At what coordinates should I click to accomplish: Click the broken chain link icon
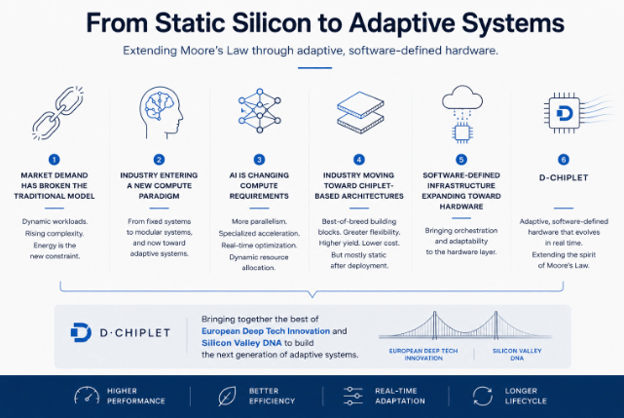pyautogui.click(x=58, y=113)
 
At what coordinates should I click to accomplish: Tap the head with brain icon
pyautogui.click(x=162, y=113)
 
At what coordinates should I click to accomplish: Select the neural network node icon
pyautogui.click(x=260, y=110)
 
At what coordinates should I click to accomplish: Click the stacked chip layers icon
pyautogui.click(x=360, y=112)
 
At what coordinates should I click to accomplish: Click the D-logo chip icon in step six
pyautogui.click(x=565, y=113)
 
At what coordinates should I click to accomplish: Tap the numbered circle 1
pyautogui.click(x=55, y=160)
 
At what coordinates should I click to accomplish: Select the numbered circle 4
pyautogui.click(x=359, y=160)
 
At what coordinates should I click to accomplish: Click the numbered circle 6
pyautogui.click(x=564, y=160)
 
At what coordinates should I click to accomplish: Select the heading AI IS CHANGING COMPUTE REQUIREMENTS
pyautogui.click(x=259, y=186)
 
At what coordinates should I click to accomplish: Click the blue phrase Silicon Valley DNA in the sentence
pyautogui.click(x=241, y=343)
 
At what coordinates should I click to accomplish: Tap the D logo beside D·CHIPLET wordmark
pyautogui.click(x=81, y=332)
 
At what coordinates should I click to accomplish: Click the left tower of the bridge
pyautogui.click(x=435, y=324)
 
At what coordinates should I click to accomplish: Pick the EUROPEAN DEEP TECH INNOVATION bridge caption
pyautogui.click(x=423, y=355)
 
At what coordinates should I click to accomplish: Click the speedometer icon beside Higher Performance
pyautogui.click(x=87, y=396)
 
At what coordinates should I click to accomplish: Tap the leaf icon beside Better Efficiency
pyautogui.click(x=227, y=397)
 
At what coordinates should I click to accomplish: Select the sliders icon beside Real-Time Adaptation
pyautogui.click(x=352, y=397)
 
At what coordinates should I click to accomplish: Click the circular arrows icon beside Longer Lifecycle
pyautogui.click(x=482, y=397)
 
